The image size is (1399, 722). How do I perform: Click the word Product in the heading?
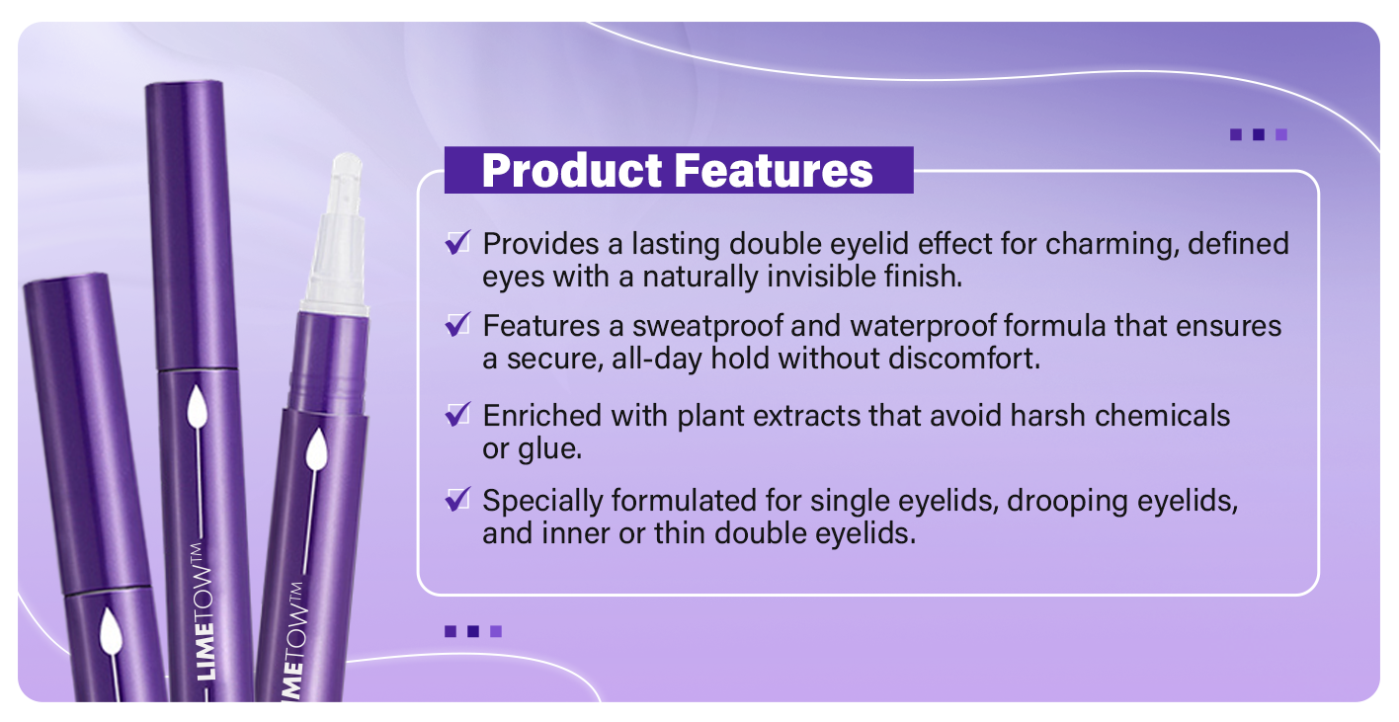(x=571, y=171)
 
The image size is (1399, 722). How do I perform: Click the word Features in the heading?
(x=774, y=171)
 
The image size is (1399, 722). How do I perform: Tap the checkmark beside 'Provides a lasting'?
(x=457, y=242)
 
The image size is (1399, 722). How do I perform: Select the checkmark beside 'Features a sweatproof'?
(x=457, y=325)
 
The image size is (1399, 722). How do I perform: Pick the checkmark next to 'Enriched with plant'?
(x=457, y=414)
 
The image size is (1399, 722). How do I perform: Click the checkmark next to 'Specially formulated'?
(x=457, y=499)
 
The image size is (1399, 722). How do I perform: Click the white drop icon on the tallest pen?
(x=198, y=406)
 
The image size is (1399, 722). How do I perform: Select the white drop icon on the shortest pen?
(x=111, y=631)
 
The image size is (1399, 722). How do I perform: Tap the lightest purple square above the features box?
(x=1281, y=134)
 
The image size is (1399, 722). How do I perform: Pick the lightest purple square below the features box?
(x=496, y=631)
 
